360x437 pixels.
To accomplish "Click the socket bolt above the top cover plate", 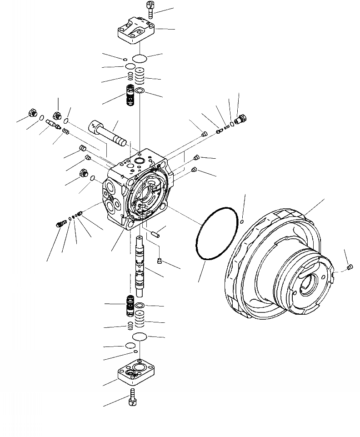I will [150, 8].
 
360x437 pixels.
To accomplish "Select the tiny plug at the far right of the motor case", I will [350, 267].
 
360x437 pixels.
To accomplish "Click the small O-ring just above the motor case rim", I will [243, 221].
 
